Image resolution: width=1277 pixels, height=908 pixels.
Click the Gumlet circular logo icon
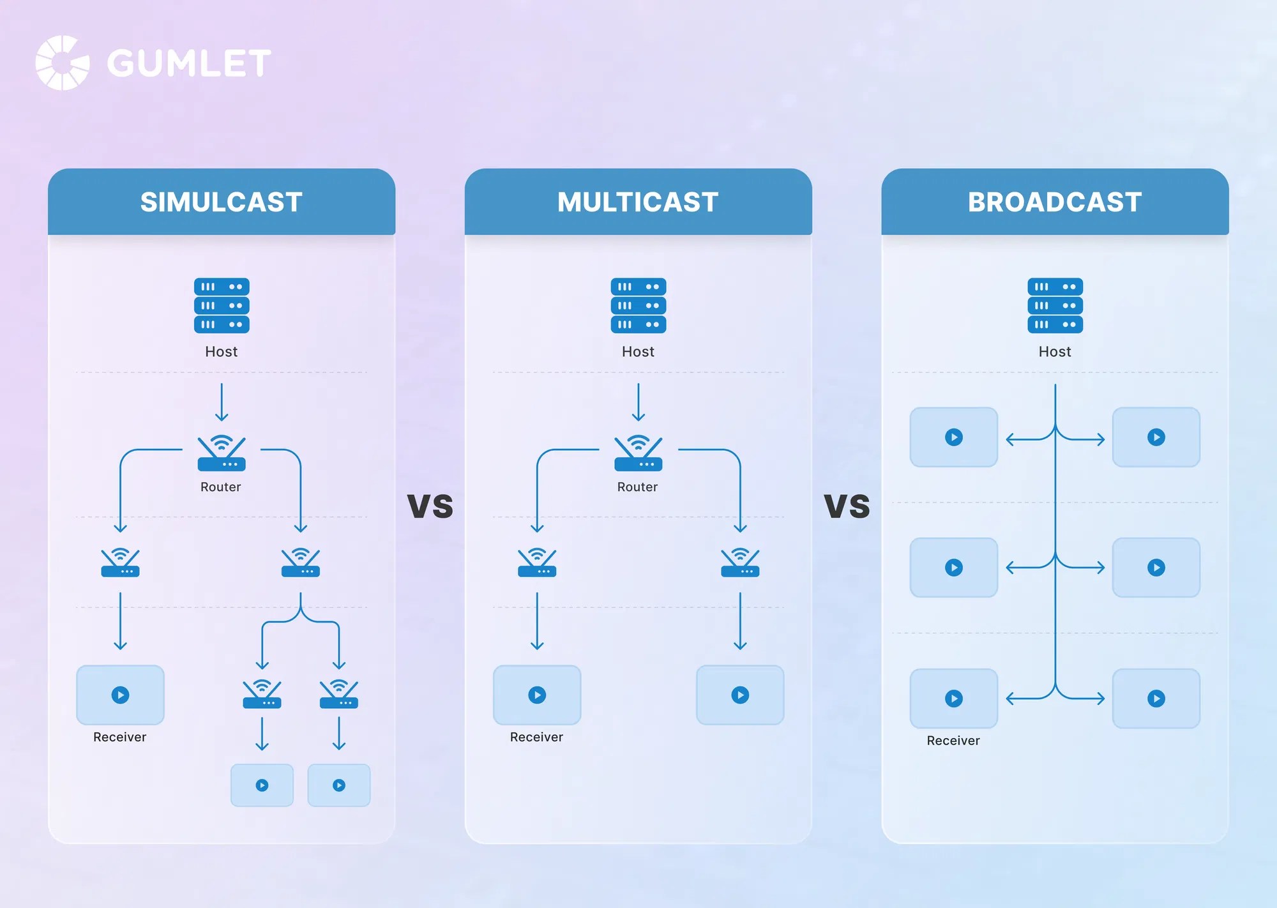[62, 63]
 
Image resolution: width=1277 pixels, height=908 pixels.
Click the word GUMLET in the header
[189, 63]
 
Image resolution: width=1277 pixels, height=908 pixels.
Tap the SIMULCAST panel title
[222, 202]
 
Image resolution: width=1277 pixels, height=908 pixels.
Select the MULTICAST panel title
[638, 202]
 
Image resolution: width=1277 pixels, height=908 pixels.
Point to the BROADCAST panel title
[1055, 202]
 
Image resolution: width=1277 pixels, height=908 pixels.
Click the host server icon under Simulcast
[222, 305]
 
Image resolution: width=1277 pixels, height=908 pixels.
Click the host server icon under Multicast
[638, 305]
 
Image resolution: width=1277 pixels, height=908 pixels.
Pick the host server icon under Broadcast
[1055, 305]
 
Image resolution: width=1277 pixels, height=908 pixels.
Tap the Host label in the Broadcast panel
[1055, 352]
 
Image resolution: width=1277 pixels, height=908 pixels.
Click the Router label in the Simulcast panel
[221, 487]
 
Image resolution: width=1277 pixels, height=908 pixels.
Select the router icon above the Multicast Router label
[638, 453]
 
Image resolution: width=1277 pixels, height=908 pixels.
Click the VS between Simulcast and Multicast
[430, 506]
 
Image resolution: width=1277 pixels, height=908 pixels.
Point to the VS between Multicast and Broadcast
[847, 506]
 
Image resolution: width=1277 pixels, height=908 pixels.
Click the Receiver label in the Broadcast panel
[953, 740]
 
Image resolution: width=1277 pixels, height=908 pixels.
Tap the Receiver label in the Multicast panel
[536, 737]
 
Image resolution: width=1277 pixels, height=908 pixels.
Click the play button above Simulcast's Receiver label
[120, 695]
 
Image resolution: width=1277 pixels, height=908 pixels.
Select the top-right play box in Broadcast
[1156, 437]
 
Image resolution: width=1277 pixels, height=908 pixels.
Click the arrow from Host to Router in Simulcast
[222, 402]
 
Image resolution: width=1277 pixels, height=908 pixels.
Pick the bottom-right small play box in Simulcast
[339, 785]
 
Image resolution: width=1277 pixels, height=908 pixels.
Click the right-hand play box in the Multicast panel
[740, 695]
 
